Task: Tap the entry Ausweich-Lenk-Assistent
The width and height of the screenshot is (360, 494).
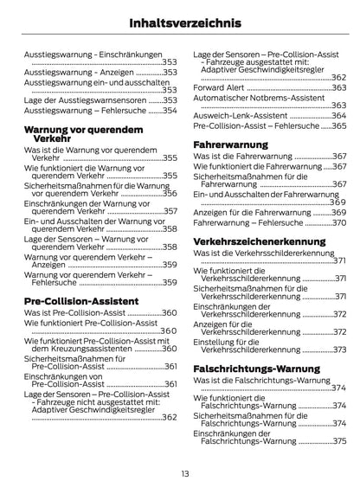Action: [241, 115]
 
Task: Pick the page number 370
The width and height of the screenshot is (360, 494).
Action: [337, 222]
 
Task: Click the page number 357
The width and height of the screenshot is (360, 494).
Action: [169, 211]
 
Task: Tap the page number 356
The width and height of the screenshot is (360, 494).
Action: [169, 194]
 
